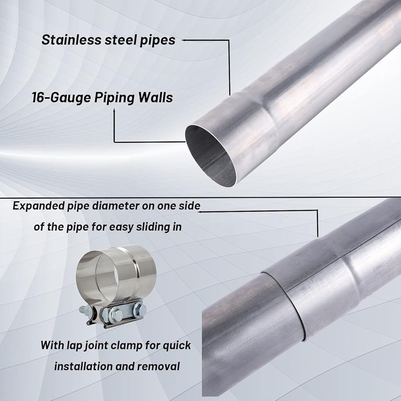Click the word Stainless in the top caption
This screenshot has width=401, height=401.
pos(71,40)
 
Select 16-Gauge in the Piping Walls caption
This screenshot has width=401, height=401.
pos(61,98)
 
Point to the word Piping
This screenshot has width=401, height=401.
pos(115,98)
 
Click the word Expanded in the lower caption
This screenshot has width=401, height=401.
pos(38,206)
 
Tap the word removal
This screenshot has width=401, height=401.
pos(158,366)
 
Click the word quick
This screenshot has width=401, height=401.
pos(177,346)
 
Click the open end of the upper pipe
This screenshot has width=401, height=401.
pos(210,156)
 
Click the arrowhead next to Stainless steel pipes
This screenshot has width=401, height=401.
pos(183,40)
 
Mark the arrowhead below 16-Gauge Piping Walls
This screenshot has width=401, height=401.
pos(114,110)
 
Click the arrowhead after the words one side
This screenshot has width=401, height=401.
pos(200,211)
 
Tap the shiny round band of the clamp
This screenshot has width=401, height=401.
pos(116,273)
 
